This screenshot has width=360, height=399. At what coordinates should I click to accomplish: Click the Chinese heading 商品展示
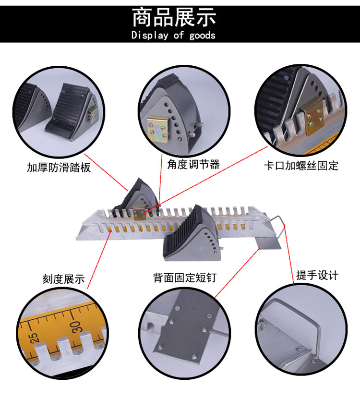tap(174, 17)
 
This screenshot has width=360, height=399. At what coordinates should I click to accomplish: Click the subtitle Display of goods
tap(173, 35)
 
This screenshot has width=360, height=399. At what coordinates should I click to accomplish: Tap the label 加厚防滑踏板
tap(59, 168)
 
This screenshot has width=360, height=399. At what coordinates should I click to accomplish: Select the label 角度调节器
tap(193, 164)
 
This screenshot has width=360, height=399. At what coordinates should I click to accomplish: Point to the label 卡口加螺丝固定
tap(301, 166)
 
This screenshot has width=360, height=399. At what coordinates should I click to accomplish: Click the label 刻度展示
tap(64, 279)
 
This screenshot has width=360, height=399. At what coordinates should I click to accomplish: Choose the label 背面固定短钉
tap(185, 278)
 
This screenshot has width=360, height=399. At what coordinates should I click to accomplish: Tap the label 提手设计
tap(317, 275)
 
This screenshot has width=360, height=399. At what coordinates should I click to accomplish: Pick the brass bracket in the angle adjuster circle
tap(158, 130)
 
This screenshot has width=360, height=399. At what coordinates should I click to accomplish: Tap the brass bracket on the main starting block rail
tap(140, 213)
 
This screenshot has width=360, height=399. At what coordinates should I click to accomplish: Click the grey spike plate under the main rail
tap(267, 243)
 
